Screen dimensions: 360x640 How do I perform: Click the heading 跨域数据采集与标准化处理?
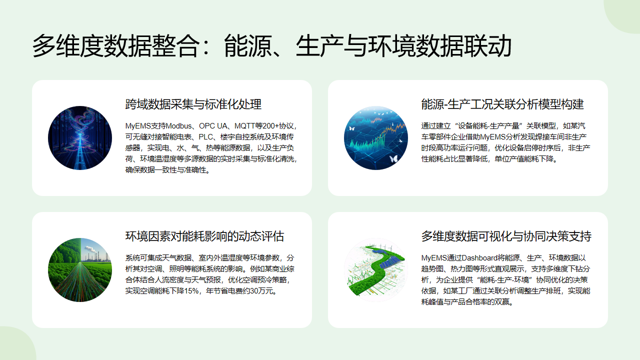click(193, 104)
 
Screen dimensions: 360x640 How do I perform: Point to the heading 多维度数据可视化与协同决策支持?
click(506, 237)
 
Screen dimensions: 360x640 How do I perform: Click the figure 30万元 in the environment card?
click(258, 290)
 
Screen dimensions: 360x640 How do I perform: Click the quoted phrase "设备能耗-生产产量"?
click(488, 125)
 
